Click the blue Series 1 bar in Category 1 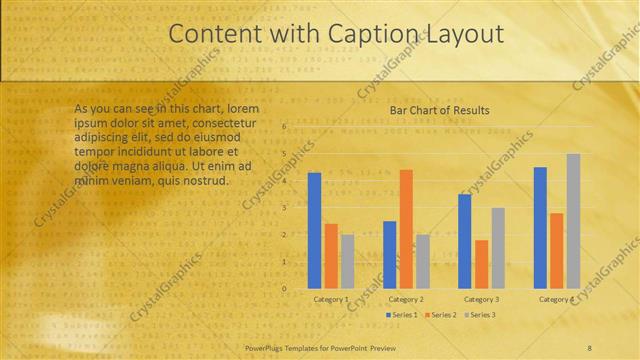(x=314, y=230)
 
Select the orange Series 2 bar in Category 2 (x=406, y=229)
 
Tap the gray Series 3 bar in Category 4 (x=573, y=221)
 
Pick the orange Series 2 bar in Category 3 (x=481, y=264)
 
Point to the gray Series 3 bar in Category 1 (x=347, y=261)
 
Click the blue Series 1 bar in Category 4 (x=540, y=227)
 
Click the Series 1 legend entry (x=401, y=315)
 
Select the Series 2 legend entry (x=439, y=315)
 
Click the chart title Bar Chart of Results (x=432, y=110)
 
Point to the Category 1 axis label (x=331, y=299)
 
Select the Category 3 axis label (x=481, y=299)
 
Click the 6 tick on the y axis (x=285, y=127)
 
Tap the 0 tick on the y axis (x=285, y=289)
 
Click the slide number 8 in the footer (x=589, y=347)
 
